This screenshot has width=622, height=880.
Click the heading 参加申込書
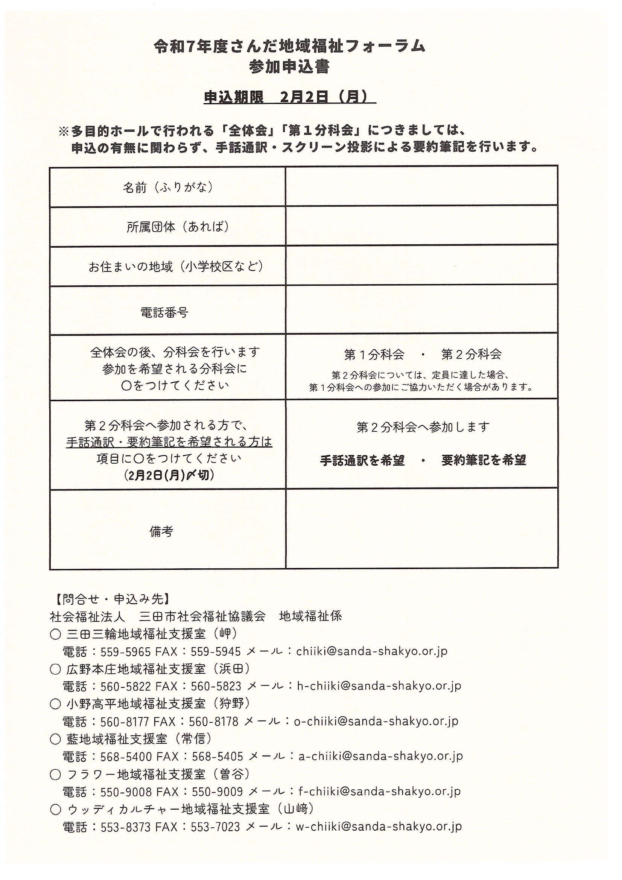click(x=289, y=67)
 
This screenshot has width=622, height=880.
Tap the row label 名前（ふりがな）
click(x=167, y=187)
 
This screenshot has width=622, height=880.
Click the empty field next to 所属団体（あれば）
click(x=421, y=226)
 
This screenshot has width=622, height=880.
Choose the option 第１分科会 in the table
click(x=374, y=355)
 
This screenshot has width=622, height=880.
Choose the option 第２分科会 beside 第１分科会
click(x=471, y=355)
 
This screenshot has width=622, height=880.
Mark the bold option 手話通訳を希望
click(x=362, y=460)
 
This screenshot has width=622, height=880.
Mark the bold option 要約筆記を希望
click(x=484, y=460)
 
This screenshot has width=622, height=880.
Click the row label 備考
click(x=161, y=531)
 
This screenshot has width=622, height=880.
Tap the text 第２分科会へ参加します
click(x=423, y=427)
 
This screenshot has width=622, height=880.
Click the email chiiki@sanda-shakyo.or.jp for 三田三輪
click(x=371, y=651)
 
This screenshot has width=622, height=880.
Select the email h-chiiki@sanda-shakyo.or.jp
click(x=379, y=686)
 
